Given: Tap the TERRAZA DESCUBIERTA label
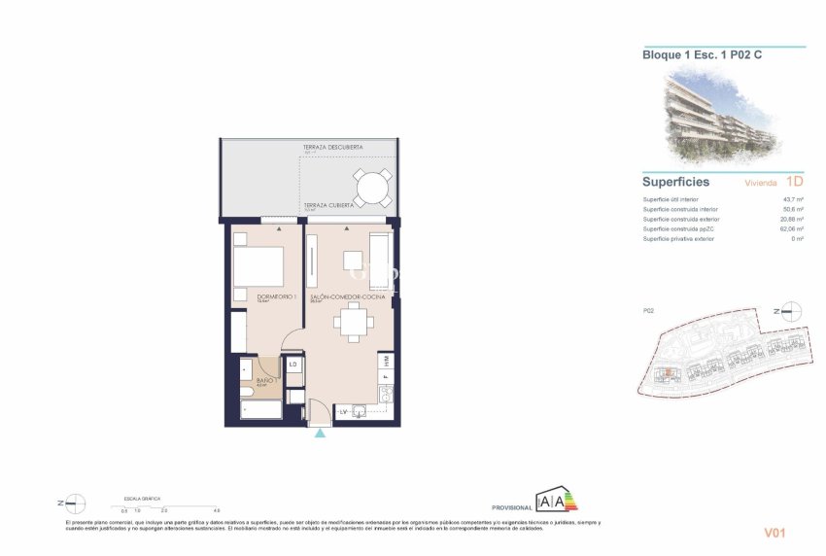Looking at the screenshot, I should pyautogui.click(x=332, y=148).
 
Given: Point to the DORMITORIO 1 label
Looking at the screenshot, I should pyautogui.click(x=276, y=296).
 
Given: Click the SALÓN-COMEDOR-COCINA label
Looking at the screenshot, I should pyautogui.click(x=347, y=296).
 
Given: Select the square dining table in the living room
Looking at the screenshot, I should pyautogui.click(x=353, y=321).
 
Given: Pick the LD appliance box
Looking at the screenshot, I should pyautogui.click(x=293, y=365).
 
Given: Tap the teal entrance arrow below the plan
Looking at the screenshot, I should pyautogui.click(x=320, y=433).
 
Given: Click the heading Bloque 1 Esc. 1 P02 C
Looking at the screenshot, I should pyautogui.click(x=702, y=55).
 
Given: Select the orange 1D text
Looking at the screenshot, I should pyautogui.click(x=794, y=181).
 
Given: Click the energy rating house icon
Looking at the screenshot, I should pyautogui.click(x=557, y=502).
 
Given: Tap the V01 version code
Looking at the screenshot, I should pyautogui.click(x=774, y=532).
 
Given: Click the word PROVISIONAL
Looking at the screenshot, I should pyautogui.click(x=511, y=507).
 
